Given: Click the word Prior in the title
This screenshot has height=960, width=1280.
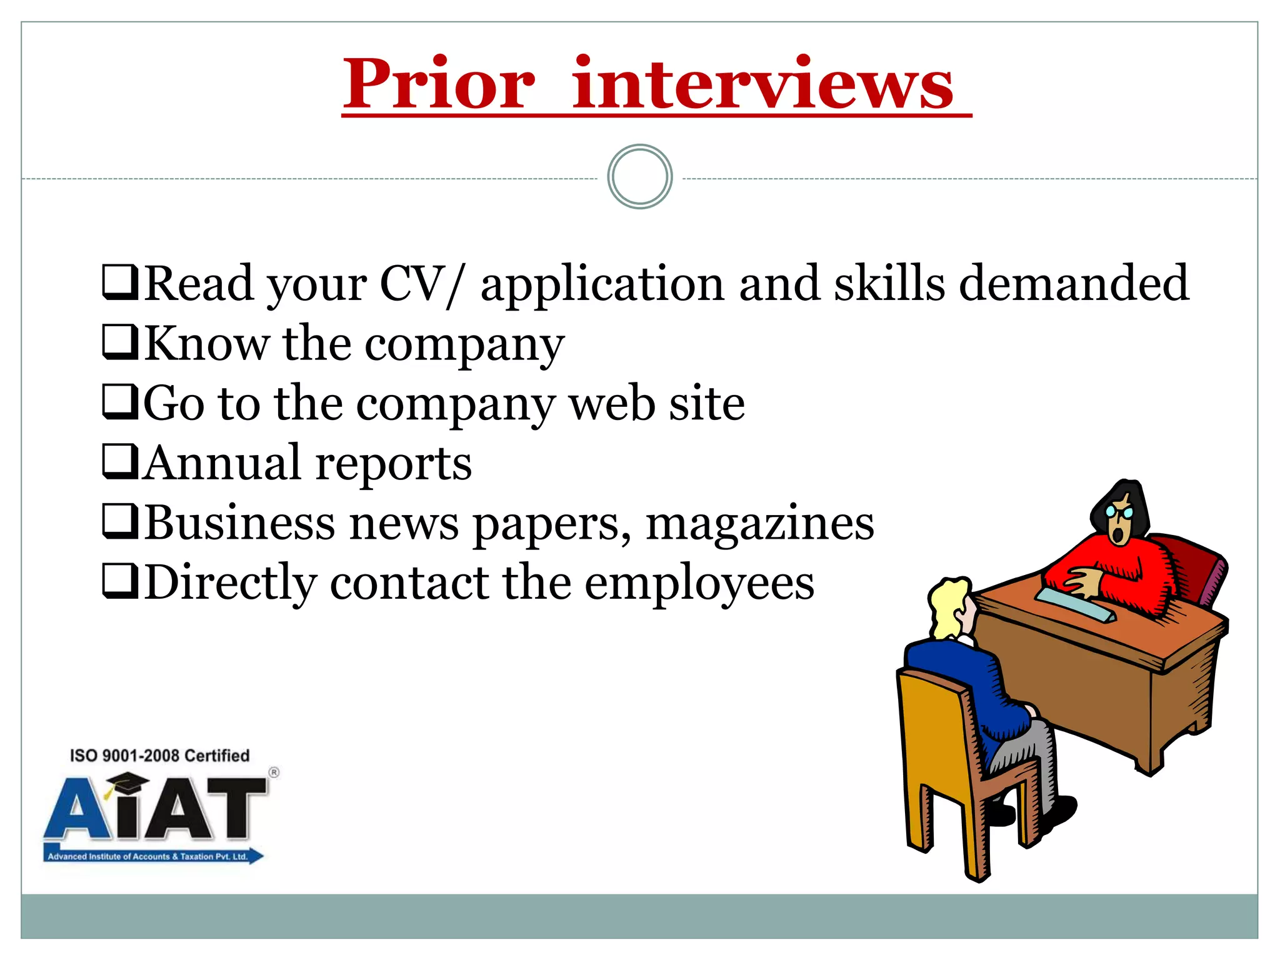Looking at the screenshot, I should coord(439,84).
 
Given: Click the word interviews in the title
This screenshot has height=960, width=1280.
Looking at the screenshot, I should coord(762,84).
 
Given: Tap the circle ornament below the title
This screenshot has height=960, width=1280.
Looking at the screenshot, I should coord(639,177).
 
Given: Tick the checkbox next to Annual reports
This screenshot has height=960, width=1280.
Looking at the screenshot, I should coord(120,461).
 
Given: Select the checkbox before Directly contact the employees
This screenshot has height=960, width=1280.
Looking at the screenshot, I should coord(120,581).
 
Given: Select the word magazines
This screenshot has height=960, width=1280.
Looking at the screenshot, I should coord(759,523).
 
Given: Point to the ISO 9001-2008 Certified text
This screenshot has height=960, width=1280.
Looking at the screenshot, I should coord(159,756).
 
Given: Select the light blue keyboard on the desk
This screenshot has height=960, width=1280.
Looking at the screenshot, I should coord(1075,604).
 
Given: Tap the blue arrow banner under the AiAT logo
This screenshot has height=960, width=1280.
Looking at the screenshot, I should coord(153,856).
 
